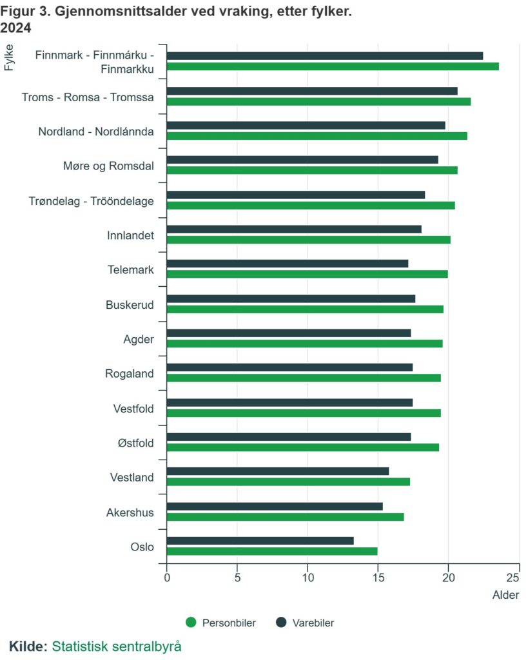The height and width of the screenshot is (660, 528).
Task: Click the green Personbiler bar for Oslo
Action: (x=271, y=551)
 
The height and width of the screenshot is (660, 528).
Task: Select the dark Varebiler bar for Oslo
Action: (x=260, y=541)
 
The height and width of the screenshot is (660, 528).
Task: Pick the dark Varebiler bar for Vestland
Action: (x=277, y=471)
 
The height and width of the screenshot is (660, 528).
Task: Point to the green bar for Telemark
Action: (x=307, y=274)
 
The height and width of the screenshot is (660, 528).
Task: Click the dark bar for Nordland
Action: (x=306, y=125)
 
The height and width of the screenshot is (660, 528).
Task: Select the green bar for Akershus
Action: (x=285, y=517)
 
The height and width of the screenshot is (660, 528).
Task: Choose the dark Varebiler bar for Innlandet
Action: (x=294, y=229)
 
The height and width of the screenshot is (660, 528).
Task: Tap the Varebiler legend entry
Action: (x=306, y=623)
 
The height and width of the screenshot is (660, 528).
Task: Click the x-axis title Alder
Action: (x=505, y=595)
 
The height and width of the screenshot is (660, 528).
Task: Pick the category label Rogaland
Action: (x=130, y=373)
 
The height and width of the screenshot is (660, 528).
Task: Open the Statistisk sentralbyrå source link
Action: (x=117, y=646)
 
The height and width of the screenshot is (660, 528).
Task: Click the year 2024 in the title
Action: (x=15, y=28)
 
